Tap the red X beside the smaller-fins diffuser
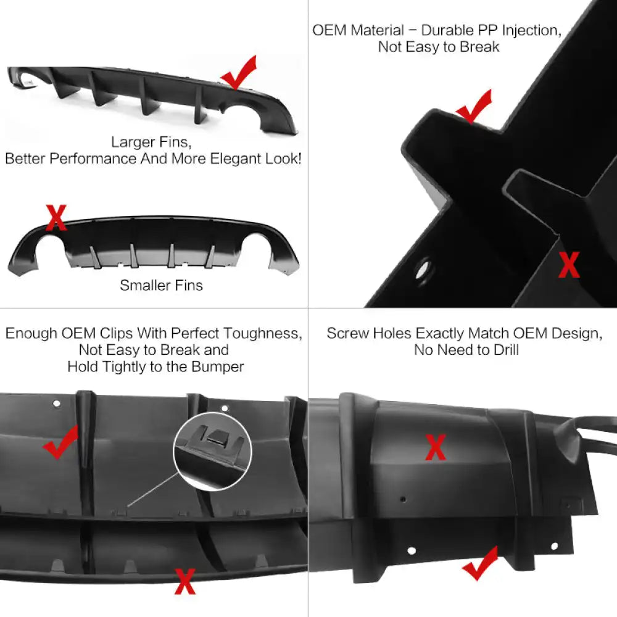tap(56, 218)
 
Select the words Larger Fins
tap(151, 142)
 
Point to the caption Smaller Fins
tap(161, 285)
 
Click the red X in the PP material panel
tap(568, 265)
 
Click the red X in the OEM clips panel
tap(184, 581)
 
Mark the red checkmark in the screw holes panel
tap(480, 563)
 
